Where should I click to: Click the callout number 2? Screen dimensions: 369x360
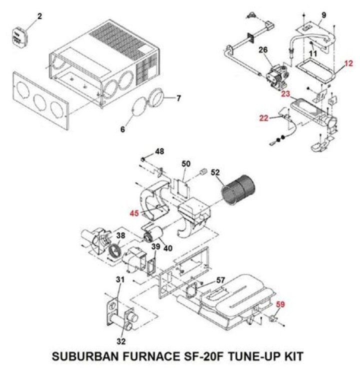tap(39, 17)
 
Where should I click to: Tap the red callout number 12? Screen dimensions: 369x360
tap(348, 63)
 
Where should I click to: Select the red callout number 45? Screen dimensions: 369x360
tap(133, 213)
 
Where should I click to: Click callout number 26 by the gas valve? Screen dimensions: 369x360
tap(263, 50)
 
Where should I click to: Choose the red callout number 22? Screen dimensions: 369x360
tap(264, 118)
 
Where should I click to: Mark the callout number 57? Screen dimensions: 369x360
tap(220, 281)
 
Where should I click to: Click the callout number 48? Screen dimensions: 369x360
tap(159, 150)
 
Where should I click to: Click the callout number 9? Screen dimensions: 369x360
tap(324, 15)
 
